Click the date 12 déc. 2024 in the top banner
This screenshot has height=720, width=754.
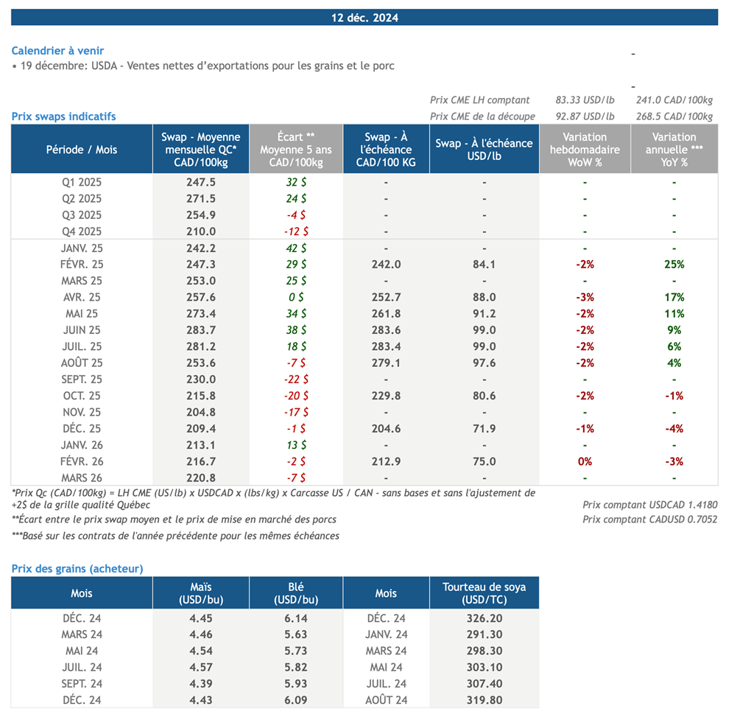click(364, 18)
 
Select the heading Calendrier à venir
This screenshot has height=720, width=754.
click(57, 51)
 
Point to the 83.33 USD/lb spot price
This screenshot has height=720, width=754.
click(585, 100)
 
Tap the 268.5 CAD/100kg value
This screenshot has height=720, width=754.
click(674, 116)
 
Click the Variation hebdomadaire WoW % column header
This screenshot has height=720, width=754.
click(585, 150)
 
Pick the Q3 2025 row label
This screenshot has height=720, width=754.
click(82, 215)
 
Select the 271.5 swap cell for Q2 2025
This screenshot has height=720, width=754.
click(202, 199)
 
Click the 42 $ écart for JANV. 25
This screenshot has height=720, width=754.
click(296, 248)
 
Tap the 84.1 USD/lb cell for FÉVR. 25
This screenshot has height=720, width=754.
click(484, 265)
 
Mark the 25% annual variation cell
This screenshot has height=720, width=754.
click(674, 265)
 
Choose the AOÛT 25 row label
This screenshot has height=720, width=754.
click(82, 363)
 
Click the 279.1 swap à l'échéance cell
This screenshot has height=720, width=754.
click(386, 363)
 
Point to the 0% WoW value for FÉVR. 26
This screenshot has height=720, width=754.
click(585, 461)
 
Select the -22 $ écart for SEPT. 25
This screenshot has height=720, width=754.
click(296, 380)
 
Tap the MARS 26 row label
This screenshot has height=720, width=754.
click(82, 478)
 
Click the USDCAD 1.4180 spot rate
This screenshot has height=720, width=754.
click(649, 505)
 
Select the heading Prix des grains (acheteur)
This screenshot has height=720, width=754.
click(77, 568)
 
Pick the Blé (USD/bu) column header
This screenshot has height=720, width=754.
click(296, 593)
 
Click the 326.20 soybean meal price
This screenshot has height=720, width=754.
click(484, 618)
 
